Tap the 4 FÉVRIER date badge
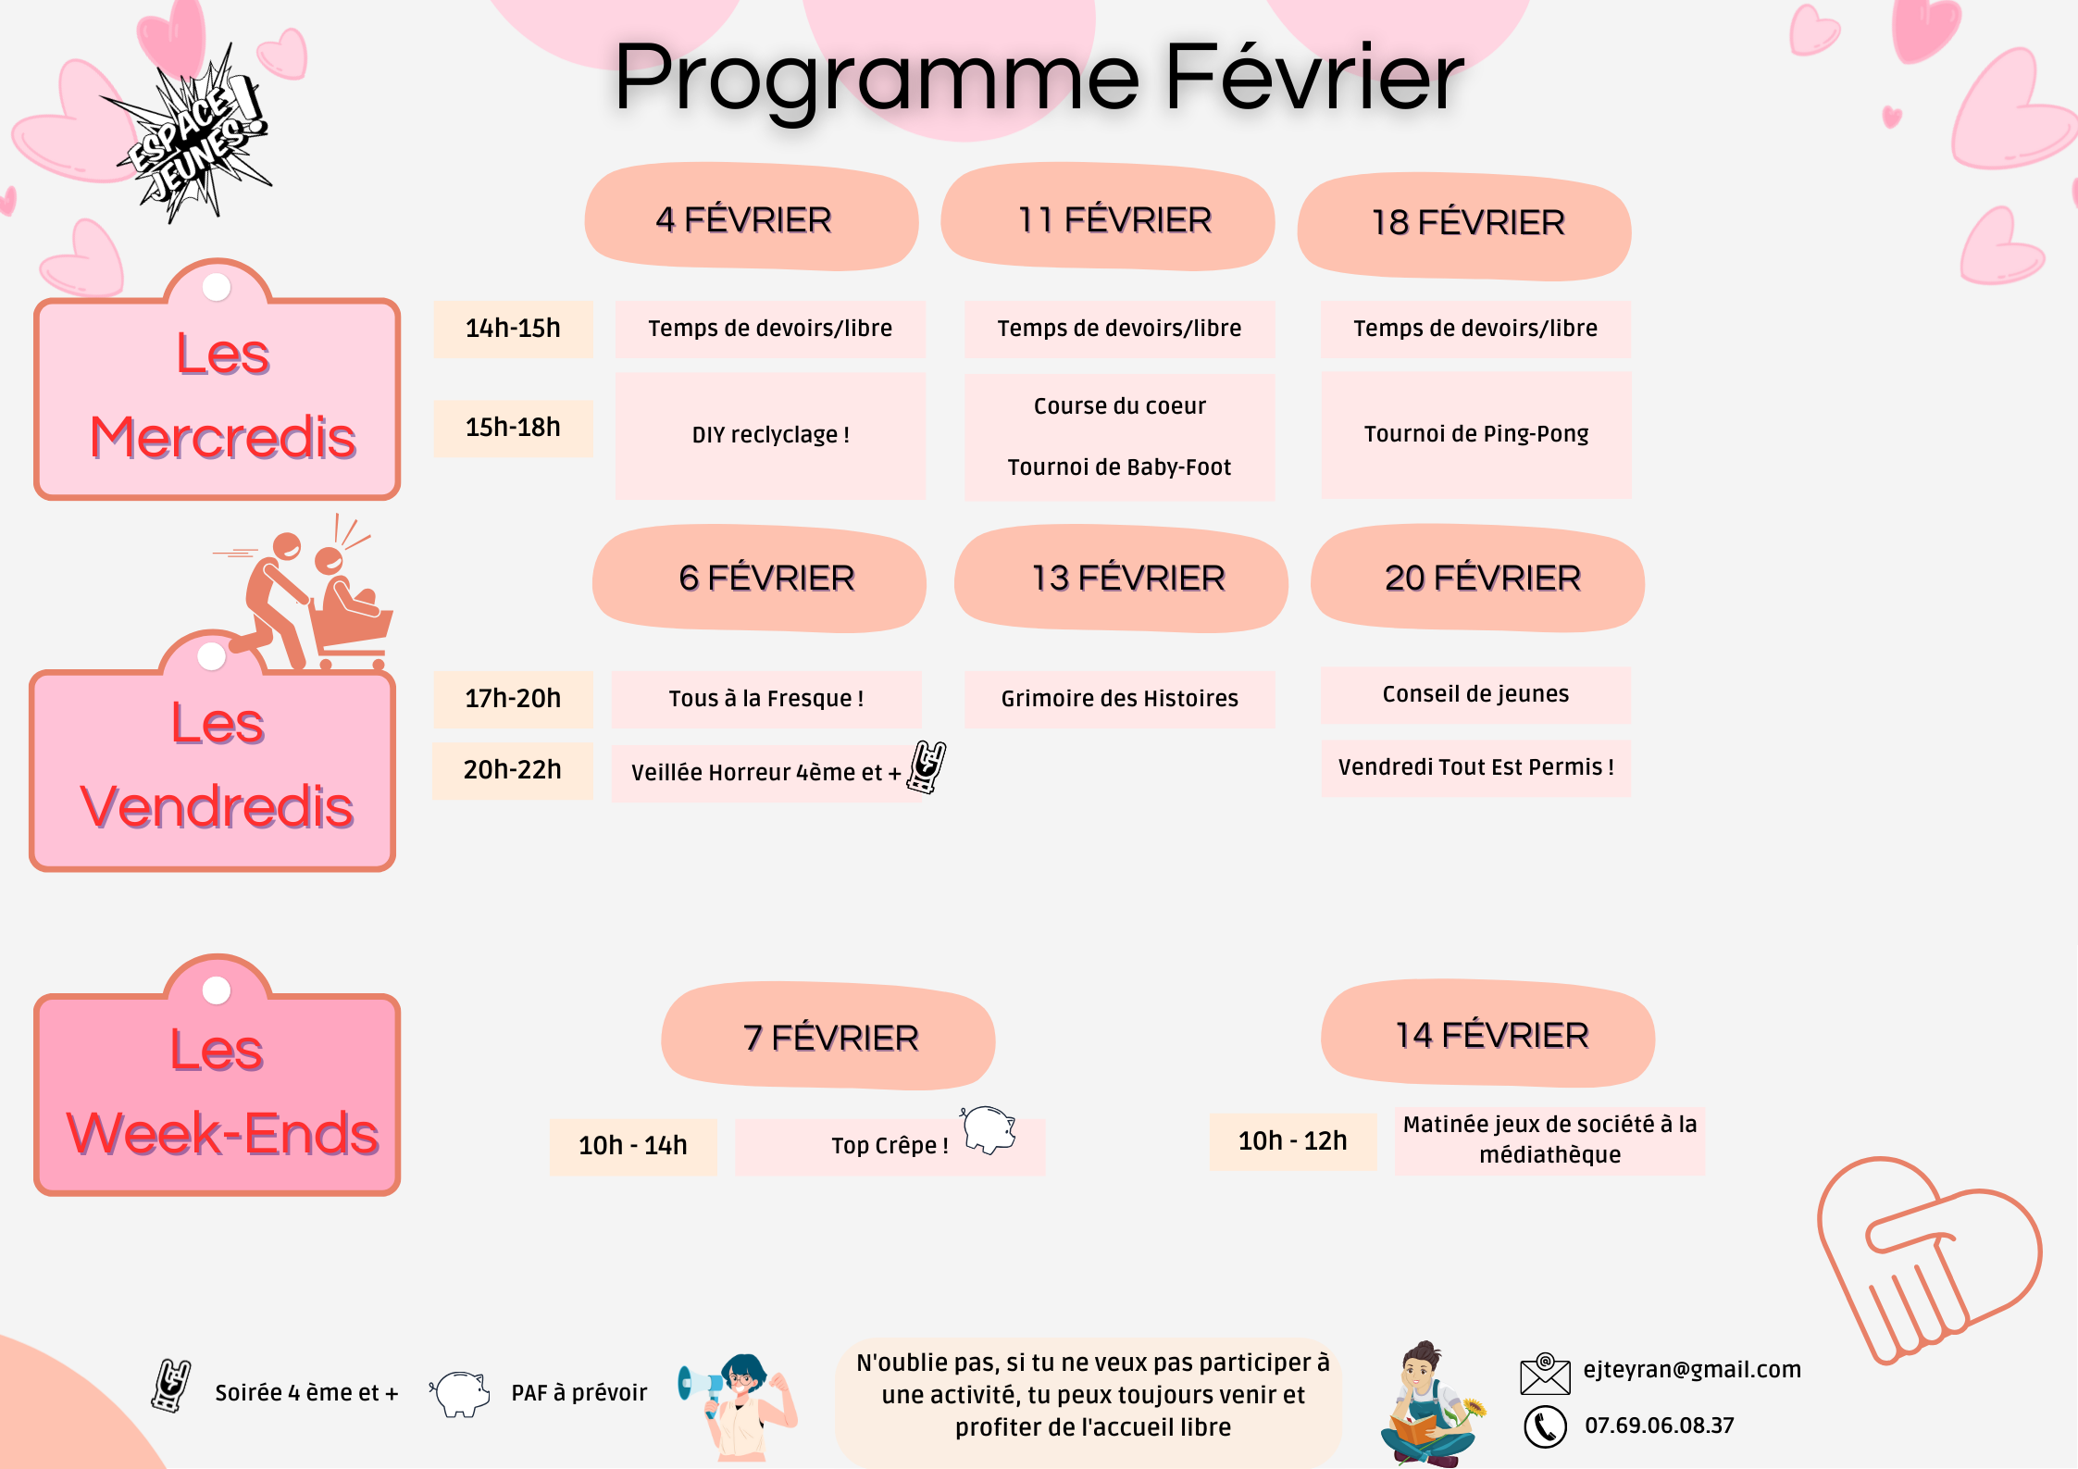[751, 218]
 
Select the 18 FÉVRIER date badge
[1464, 225]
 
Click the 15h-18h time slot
[513, 428]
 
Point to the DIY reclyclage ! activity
[770, 435]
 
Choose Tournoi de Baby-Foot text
[1119, 467]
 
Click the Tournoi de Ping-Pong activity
[1475, 434]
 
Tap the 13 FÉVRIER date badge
[1121, 579]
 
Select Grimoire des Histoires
[1119, 699]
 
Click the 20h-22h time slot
[513, 770]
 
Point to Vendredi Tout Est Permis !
[1475, 767]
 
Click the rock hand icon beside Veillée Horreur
[927, 766]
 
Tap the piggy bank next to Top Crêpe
[989, 1129]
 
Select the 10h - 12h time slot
[1292, 1141]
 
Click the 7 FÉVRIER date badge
[828, 1037]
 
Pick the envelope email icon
[1545, 1374]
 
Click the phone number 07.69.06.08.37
[1659, 1425]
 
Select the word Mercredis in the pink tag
[223, 438]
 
